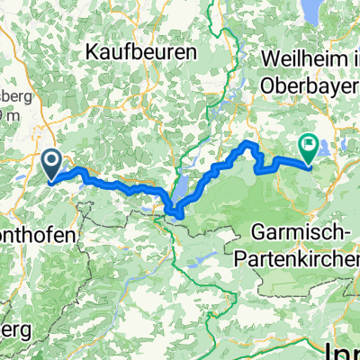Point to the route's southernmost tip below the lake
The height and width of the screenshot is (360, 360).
pos(178,215)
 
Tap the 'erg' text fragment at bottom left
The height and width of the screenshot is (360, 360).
pos(14,329)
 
